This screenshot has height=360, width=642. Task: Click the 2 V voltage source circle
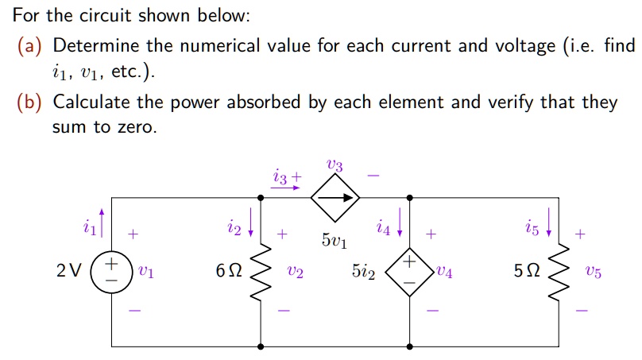(x=112, y=271)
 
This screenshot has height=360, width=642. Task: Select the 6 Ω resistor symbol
(x=261, y=271)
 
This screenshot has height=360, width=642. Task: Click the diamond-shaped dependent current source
(x=335, y=196)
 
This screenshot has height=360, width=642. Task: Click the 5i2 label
(x=365, y=272)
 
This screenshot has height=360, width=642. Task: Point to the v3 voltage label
(x=335, y=165)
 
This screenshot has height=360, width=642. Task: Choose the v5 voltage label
(x=592, y=272)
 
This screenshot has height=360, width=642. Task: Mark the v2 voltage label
(x=295, y=272)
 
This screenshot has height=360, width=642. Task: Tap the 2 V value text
(x=68, y=272)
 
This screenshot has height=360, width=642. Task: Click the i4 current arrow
(x=399, y=217)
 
